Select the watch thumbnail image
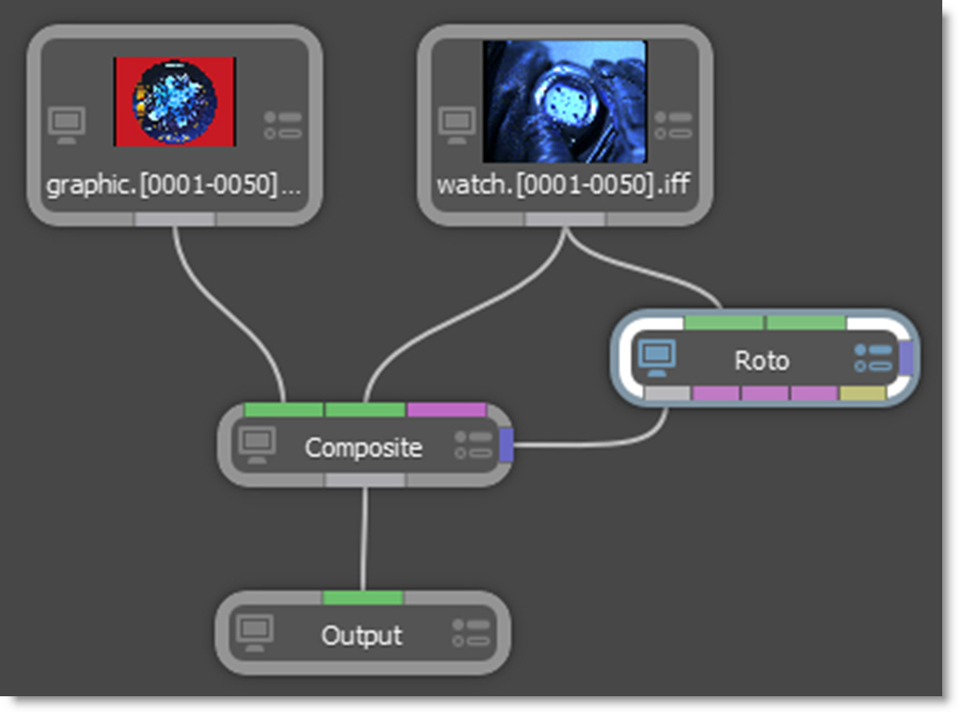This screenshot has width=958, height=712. (x=564, y=101)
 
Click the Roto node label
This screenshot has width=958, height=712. (x=761, y=361)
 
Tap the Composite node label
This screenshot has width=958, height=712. (x=363, y=448)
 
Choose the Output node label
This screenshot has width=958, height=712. (x=361, y=635)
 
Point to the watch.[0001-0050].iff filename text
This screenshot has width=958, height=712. (x=563, y=186)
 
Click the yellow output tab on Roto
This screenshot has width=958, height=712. (x=862, y=393)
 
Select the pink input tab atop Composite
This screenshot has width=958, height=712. (x=446, y=410)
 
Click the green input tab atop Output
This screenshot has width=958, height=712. (x=363, y=598)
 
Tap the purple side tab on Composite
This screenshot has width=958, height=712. (x=506, y=445)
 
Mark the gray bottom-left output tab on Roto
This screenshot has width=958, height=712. (x=667, y=393)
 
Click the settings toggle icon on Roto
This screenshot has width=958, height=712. (x=873, y=358)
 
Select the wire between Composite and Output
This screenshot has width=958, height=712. (x=364, y=540)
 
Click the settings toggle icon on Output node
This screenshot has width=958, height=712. (x=470, y=633)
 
